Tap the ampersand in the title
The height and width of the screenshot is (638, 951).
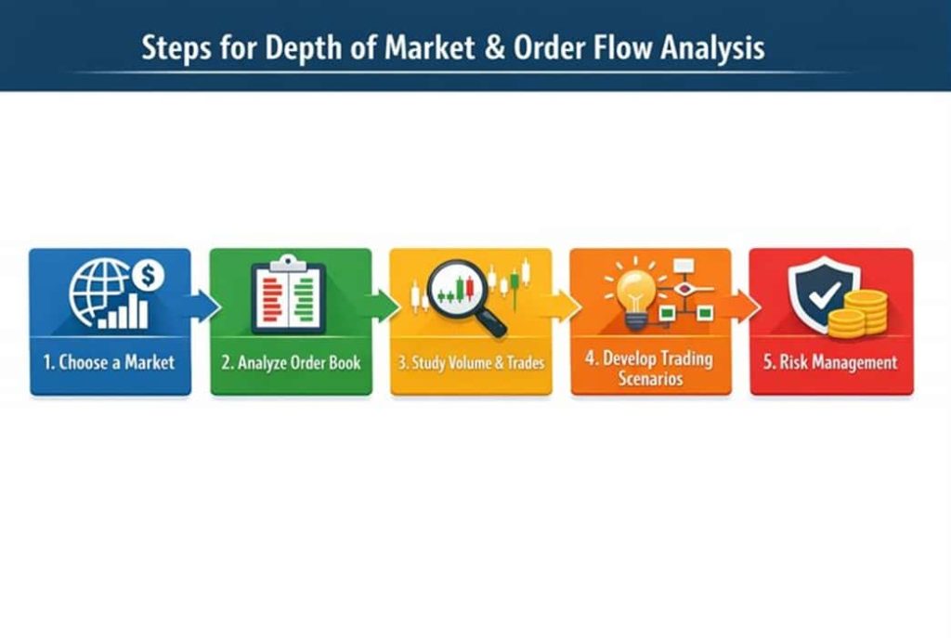coord(495,48)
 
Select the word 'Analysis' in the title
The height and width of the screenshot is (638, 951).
coord(712,48)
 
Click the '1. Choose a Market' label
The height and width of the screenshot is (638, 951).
coord(110,362)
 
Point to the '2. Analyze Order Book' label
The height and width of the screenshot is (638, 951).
coord(291,363)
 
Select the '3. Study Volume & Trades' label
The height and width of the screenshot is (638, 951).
coord(471,363)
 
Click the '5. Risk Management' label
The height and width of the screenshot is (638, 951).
coord(830,362)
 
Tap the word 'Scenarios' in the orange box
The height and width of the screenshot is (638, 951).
coord(650,378)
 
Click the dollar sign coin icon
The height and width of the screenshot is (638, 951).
coord(148,275)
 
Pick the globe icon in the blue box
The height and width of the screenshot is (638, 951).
coord(97,292)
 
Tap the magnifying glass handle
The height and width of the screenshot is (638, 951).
coord(492,322)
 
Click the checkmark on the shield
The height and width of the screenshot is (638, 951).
coord(825,294)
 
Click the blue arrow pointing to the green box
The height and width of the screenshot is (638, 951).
coord(202,306)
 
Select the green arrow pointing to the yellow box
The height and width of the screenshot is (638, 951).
coord(382,306)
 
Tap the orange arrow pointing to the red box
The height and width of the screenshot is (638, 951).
coord(742,306)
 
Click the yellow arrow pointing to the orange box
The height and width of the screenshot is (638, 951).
coord(562,306)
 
